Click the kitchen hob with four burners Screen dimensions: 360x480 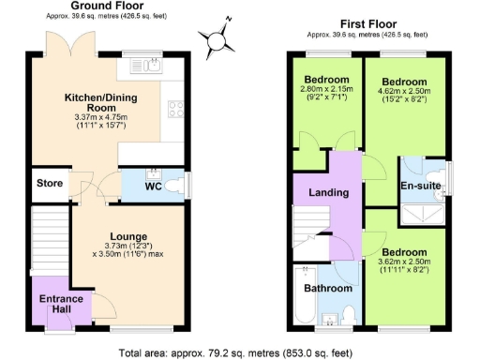tap(174, 109)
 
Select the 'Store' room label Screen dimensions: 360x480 tap(50, 183)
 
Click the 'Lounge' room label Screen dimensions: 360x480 tap(127, 234)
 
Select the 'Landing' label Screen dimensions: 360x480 tap(329, 193)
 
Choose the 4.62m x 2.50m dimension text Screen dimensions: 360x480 tap(405, 97)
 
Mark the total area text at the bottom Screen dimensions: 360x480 tap(238, 353)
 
